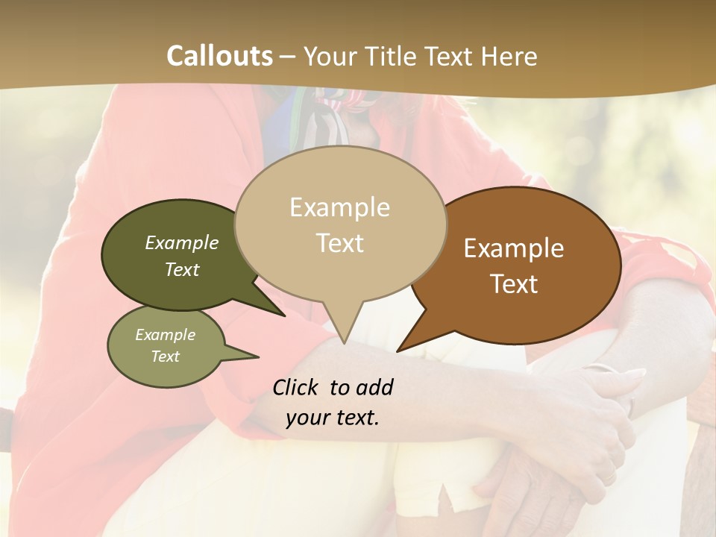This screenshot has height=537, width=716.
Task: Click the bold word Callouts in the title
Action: [x=219, y=56]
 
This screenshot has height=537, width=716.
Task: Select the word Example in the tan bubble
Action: [x=339, y=207]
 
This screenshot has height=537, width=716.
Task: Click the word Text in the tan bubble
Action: [x=340, y=243]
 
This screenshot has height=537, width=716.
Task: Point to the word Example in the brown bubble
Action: [x=514, y=248]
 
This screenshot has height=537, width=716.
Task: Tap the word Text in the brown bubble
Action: [x=514, y=284]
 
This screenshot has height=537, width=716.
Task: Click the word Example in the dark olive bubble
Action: [x=181, y=242]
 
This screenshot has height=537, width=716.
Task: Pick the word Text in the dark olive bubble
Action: [x=181, y=269]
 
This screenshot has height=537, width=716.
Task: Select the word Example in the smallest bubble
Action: [x=165, y=335]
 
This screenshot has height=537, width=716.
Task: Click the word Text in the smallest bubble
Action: [x=165, y=357]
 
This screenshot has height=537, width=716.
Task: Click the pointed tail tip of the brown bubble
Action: [x=398, y=351]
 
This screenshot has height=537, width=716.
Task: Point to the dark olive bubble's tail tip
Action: [x=285, y=315]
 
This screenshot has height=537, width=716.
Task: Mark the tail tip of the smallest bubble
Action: [x=258, y=357]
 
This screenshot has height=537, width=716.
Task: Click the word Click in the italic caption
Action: [x=296, y=387]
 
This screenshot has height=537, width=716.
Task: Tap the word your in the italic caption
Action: [x=307, y=418]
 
